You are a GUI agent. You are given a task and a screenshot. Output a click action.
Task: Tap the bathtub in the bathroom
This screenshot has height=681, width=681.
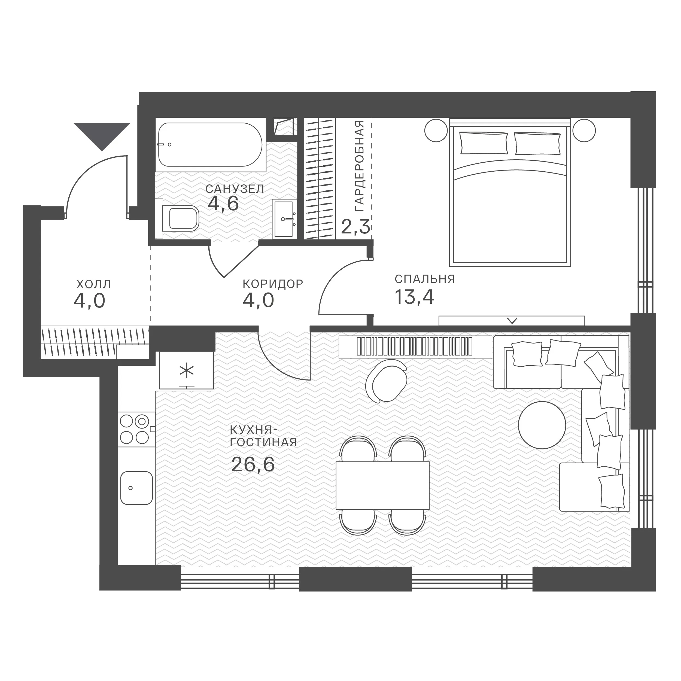[x=210, y=145]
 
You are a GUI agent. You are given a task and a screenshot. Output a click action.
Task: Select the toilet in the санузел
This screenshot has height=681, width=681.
[x=181, y=218]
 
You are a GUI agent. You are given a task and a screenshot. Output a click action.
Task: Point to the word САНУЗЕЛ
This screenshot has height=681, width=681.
[x=235, y=189]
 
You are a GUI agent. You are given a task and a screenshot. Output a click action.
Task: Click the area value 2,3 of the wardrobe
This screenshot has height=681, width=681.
[x=356, y=227]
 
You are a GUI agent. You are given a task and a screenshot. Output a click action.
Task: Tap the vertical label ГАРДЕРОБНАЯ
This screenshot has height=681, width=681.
[x=360, y=166]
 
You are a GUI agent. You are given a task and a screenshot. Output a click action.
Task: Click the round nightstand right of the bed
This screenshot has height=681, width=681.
[x=584, y=131]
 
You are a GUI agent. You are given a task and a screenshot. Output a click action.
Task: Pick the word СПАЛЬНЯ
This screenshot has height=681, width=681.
[x=425, y=279]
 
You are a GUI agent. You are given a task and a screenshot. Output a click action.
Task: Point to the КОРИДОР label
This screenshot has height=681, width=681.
[x=273, y=284]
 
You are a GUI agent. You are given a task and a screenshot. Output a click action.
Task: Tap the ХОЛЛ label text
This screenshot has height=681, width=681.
[x=94, y=284]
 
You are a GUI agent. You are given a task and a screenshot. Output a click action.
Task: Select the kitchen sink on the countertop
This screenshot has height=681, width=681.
[x=136, y=488]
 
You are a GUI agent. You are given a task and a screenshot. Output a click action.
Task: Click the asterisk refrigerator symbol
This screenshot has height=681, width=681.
[x=187, y=372]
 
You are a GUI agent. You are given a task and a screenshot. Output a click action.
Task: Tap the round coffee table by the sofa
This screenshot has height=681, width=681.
[x=542, y=425]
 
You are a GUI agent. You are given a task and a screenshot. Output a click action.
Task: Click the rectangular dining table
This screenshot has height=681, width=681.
[x=382, y=485]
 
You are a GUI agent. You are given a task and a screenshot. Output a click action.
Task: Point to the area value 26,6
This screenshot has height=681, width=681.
[x=253, y=464]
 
